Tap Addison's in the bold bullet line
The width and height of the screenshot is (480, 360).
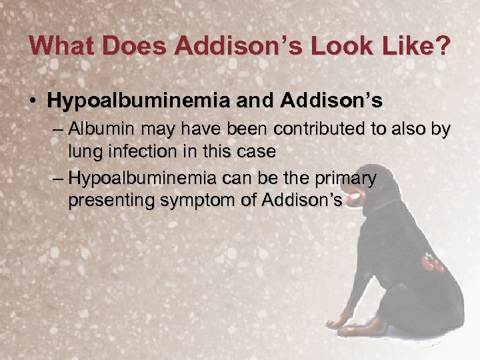331,101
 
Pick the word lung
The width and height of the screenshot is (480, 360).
84,151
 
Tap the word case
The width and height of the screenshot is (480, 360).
256,151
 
